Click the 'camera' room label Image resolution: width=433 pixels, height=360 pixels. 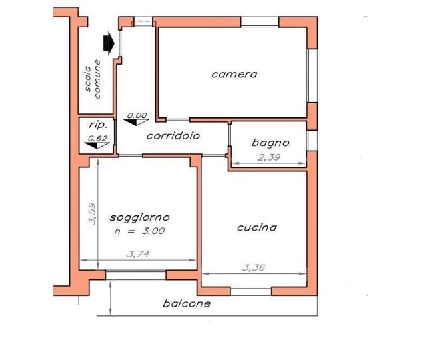point(234,74)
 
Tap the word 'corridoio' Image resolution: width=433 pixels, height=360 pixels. point(173,135)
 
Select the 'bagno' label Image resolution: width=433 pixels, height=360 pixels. point(270,142)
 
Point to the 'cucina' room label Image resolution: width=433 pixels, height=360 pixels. point(257,227)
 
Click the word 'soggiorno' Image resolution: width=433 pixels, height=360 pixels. point(140,217)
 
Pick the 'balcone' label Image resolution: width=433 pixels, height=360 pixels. point(187,304)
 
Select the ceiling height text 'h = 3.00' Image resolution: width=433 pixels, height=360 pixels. point(140,231)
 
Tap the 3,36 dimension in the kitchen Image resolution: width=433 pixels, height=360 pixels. point(254,267)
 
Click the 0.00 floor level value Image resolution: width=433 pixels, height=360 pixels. point(137,115)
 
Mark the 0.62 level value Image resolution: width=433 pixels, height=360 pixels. point(98,139)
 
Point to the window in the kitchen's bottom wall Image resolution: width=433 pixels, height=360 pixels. point(251,291)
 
